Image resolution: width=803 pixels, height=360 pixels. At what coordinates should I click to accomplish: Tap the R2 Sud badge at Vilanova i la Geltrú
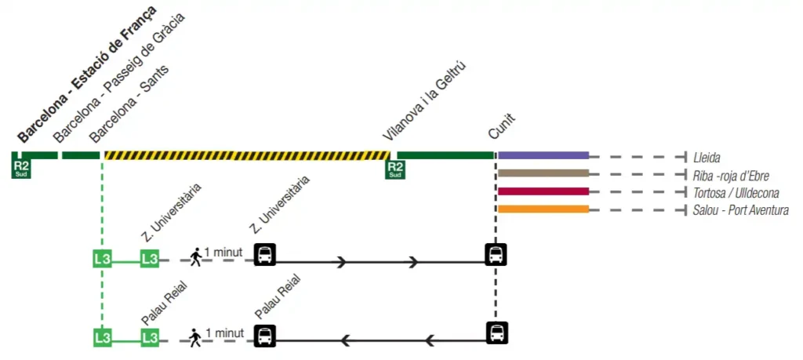click(395, 169)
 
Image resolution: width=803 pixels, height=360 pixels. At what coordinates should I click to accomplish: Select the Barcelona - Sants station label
click(129, 104)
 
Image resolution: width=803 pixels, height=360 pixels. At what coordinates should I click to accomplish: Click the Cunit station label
click(502, 126)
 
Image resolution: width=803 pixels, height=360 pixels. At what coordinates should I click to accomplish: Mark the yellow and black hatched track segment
click(247, 155)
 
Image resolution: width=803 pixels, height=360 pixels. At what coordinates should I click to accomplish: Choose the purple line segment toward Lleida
click(543, 155)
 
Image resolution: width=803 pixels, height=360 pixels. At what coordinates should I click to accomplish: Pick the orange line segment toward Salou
click(543, 209)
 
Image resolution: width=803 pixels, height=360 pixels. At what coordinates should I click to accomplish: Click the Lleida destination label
click(707, 157)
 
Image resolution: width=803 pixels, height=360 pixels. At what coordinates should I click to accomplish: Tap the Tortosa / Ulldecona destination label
click(736, 192)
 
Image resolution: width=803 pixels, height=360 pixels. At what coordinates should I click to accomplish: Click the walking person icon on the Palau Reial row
click(195, 337)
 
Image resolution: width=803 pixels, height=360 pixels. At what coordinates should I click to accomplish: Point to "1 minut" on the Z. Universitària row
click(223, 253)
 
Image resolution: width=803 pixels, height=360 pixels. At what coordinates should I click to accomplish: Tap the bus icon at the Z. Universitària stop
click(266, 255)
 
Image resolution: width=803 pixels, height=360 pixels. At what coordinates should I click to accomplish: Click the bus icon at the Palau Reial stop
click(266, 336)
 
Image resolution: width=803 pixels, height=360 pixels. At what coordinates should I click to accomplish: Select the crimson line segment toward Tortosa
click(543, 191)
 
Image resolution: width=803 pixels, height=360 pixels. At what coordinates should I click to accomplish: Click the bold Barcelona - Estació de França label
click(86, 74)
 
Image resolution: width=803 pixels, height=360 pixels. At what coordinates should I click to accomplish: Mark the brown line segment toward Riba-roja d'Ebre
click(543, 173)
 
